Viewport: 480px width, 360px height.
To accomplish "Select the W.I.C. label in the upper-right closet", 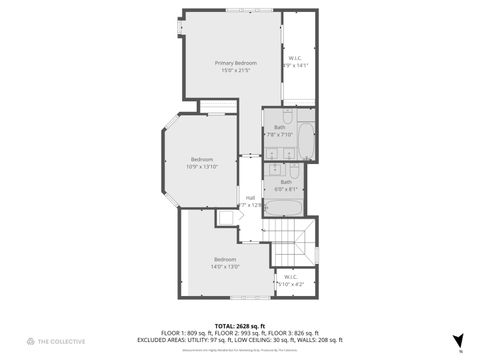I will [x=296, y=58].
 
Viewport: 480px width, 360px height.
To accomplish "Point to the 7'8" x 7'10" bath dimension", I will [x=278, y=135].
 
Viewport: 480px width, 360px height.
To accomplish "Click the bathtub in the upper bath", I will [x=306, y=142].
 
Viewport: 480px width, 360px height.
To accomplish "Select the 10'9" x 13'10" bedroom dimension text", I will [x=202, y=167].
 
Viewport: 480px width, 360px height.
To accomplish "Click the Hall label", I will [x=250, y=197].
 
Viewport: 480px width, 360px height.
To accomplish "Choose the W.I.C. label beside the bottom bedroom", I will [x=290, y=277].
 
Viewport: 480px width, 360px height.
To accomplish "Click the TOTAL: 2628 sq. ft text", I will [x=237, y=325].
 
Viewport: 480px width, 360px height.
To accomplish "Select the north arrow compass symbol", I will [x=459, y=340].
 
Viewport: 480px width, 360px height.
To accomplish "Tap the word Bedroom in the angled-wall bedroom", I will [x=202, y=159].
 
